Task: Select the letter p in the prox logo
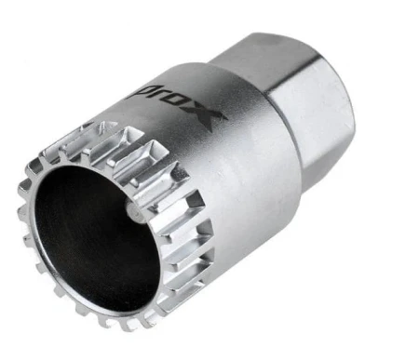tap(137, 92)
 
